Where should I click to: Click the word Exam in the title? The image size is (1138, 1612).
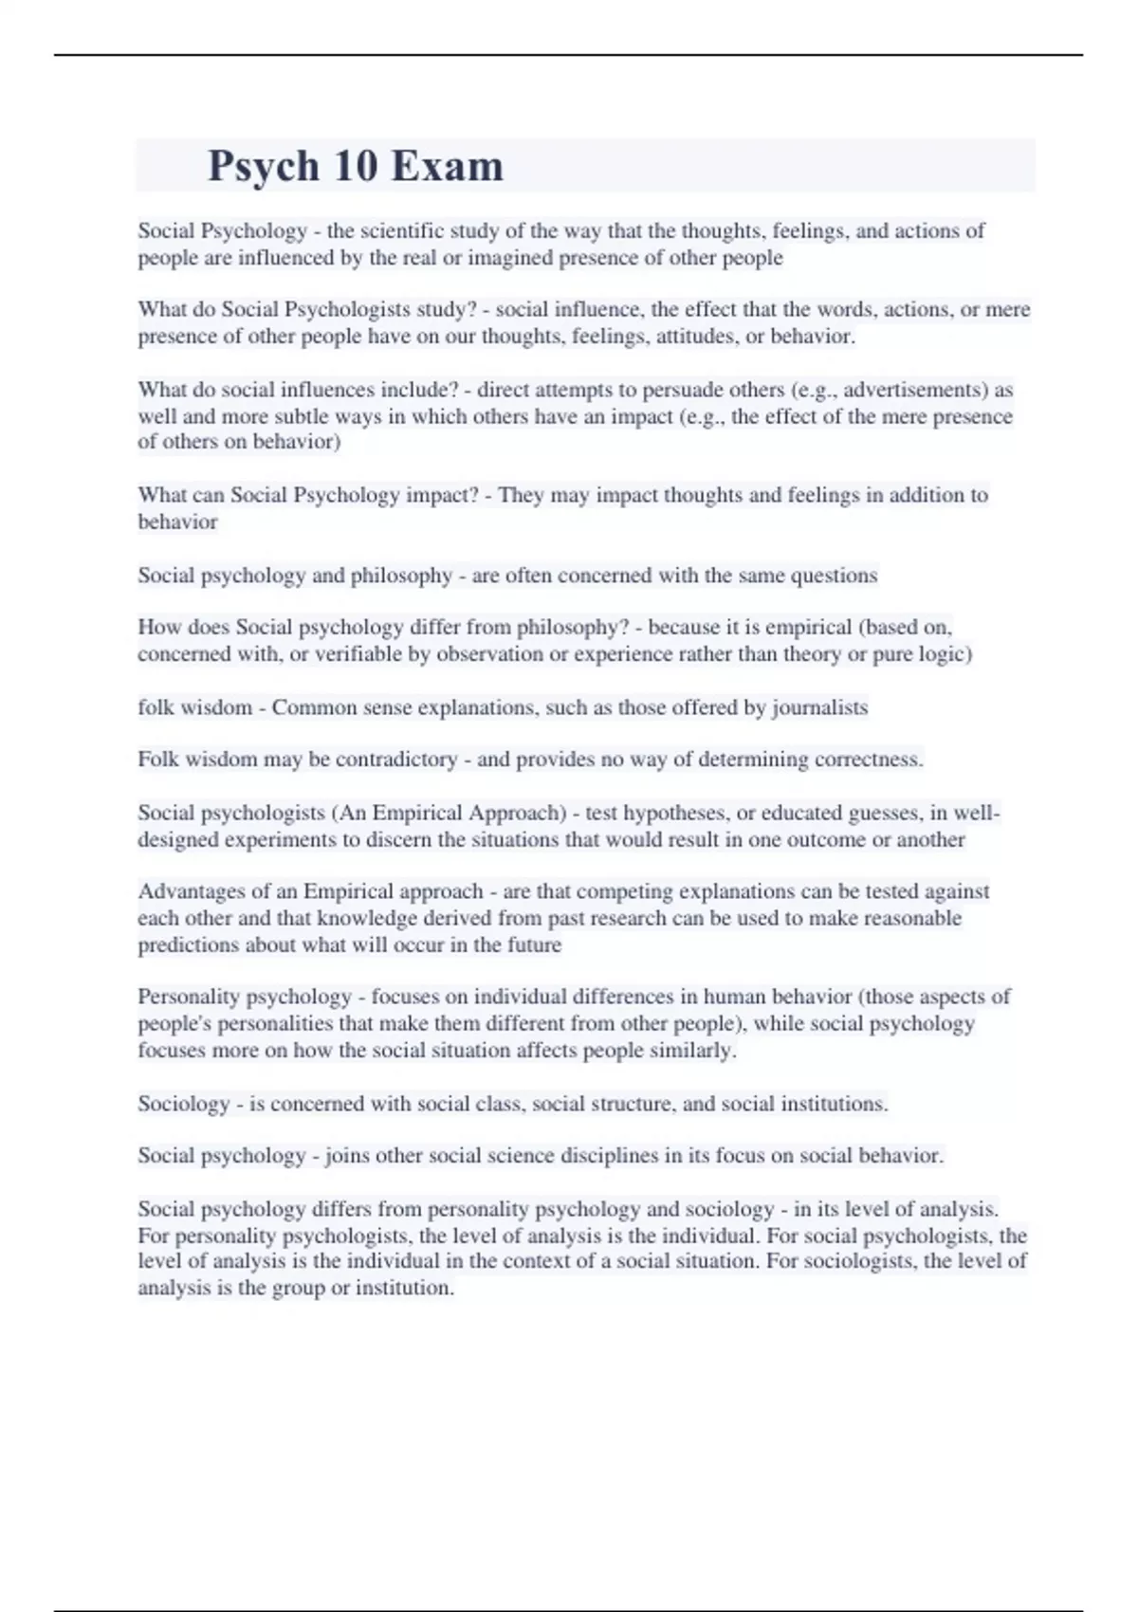point(447,166)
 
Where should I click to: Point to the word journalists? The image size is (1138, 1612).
point(819,707)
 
